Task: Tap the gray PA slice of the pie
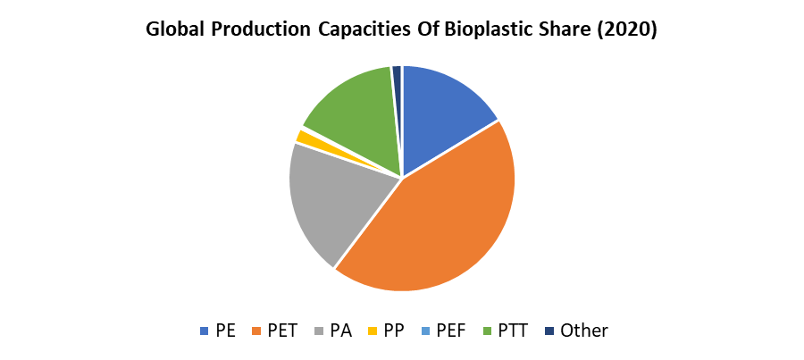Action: click(335, 201)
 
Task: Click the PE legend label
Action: click(225, 331)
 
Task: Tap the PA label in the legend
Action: click(340, 331)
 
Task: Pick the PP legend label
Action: click(393, 331)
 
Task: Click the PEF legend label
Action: click(451, 331)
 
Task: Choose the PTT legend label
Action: click(514, 331)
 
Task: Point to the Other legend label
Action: click(584, 331)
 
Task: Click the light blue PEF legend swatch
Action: click(426, 331)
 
